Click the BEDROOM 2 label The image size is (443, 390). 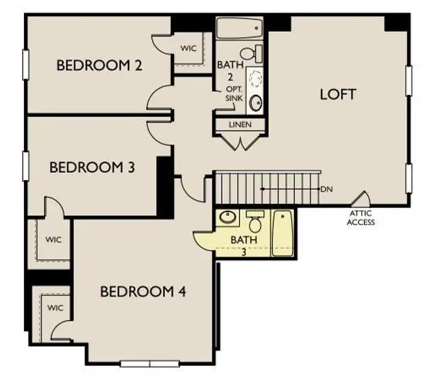99,66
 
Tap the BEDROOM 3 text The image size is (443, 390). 92,167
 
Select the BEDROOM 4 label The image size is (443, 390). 143,291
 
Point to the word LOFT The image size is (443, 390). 338,94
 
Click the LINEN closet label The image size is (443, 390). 240,124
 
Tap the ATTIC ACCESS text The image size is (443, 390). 361,218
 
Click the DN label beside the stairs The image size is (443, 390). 326,188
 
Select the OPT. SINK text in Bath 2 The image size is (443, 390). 234,93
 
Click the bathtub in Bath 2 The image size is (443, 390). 239,29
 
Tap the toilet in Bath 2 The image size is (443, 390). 250,53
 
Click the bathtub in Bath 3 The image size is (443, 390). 283,233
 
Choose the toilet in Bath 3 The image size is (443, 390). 255,222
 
